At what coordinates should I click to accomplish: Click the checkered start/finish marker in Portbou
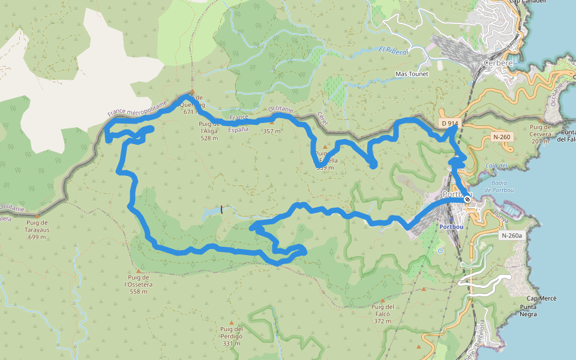tap(467, 199)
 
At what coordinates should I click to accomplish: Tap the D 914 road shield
tap(450, 124)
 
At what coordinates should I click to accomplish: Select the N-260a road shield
tap(511, 236)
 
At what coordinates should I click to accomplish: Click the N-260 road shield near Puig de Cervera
tap(502, 137)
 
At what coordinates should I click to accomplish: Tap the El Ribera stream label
tap(393, 51)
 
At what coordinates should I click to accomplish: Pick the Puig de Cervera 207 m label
tap(540, 134)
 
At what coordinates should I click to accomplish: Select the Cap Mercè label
tap(542, 299)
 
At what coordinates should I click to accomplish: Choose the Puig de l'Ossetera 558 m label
tap(138, 284)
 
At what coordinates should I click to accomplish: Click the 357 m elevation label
tap(271, 131)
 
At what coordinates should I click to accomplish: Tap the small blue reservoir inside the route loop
tap(211, 212)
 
